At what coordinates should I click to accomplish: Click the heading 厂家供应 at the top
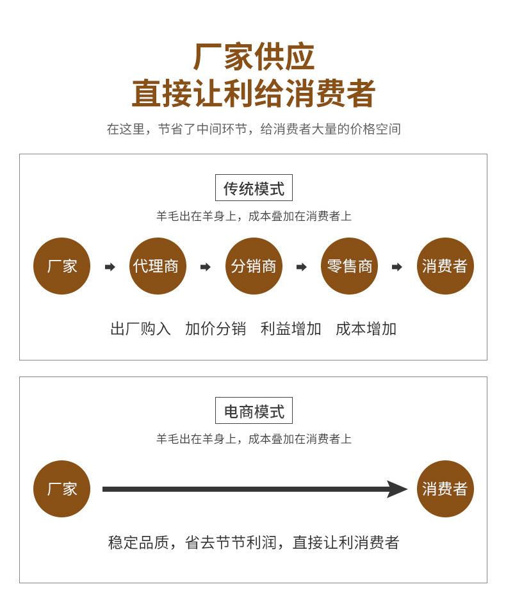coord(254,57)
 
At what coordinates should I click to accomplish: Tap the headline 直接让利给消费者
coord(254,93)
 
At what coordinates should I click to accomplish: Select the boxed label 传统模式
coord(254,188)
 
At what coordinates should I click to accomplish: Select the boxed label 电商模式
coord(254,411)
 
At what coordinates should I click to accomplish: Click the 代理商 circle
coord(158,266)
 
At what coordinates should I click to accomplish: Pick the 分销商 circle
coord(254,266)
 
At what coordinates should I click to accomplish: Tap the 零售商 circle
coord(349,266)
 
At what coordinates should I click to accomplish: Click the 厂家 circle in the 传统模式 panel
coord(61,266)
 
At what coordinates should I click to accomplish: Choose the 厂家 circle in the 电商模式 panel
coord(61,489)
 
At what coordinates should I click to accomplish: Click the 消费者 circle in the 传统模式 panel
coord(445,266)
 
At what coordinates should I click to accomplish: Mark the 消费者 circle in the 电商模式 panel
coord(445,489)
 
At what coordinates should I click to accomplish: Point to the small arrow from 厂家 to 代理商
coord(110,267)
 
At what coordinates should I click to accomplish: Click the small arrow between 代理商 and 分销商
coord(205,267)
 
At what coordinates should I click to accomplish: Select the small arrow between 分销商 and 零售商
coord(301,267)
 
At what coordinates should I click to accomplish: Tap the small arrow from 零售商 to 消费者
coord(397,267)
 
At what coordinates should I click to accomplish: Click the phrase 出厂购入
coord(141,329)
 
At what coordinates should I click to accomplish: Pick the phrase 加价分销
coord(215,329)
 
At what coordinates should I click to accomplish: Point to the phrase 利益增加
coord(291,329)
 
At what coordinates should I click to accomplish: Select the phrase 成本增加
coord(366,329)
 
